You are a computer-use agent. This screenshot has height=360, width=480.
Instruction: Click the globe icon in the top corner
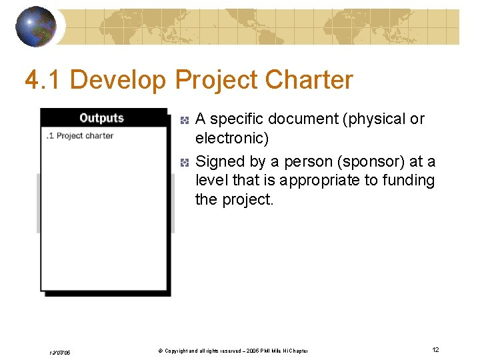pyautogui.click(x=35, y=26)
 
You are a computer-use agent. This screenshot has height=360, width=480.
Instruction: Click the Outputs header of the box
pyautogui.click(x=101, y=118)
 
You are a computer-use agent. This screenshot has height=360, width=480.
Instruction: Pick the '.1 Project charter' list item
pyautogui.click(x=79, y=135)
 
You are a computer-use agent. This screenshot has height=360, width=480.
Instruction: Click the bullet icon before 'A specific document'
pyautogui.click(x=185, y=120)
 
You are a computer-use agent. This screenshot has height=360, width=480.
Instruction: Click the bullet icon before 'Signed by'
pyautogui.click(x=185, y=162)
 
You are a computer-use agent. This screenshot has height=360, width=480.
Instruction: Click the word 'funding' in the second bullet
pyautogui.click(x=409, y=181)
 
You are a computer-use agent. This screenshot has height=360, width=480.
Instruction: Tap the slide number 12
pyautogui.click(x=435, y=349)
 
